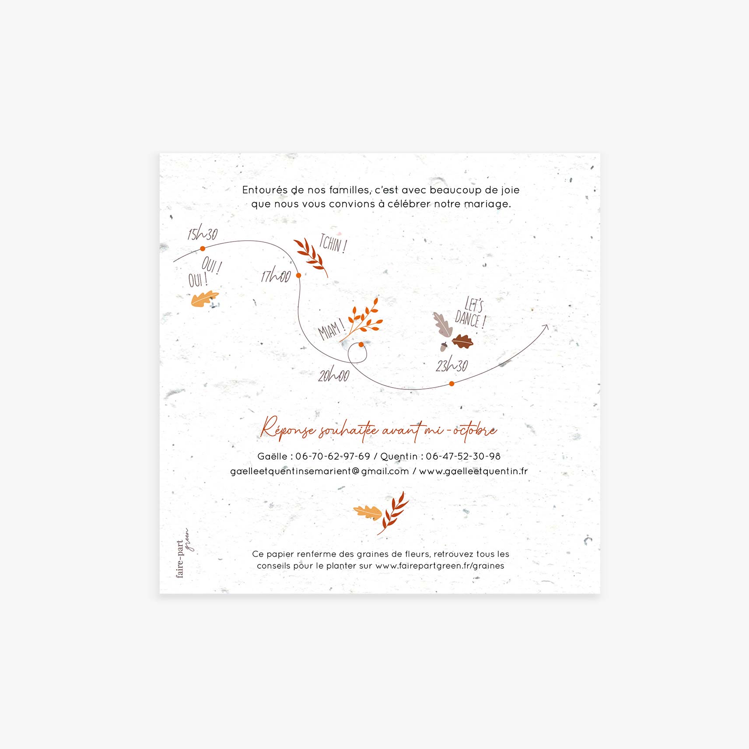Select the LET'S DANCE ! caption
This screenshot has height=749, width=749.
click(x=471, y=313)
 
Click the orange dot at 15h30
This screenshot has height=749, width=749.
click(x=203, y=248)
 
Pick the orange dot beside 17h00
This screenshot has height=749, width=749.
click(x=298, y=275)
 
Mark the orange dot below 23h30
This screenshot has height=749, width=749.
click(x=452, y=384)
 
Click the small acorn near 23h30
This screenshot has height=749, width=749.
click(x=444, y=346)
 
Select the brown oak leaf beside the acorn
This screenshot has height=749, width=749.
click(x=462, y=341)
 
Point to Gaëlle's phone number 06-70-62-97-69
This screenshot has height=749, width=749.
click(x=333, y=456)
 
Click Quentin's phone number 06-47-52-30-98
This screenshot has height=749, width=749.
click(x=463, y=456)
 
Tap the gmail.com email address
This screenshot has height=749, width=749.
click(x=319, y=471)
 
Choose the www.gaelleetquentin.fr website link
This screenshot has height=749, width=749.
click(x=473, y=471)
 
